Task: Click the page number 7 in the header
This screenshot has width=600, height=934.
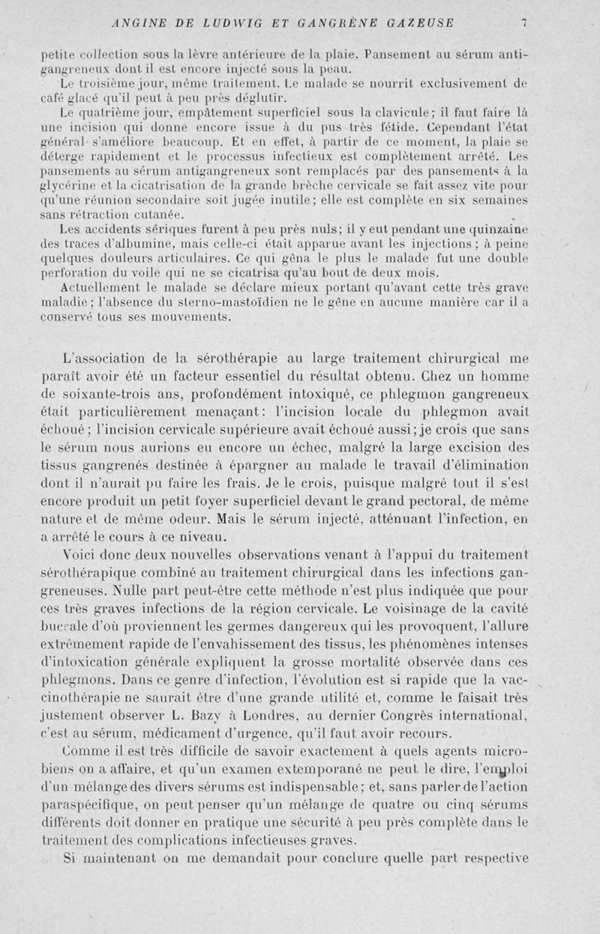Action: [x=526, y=22]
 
